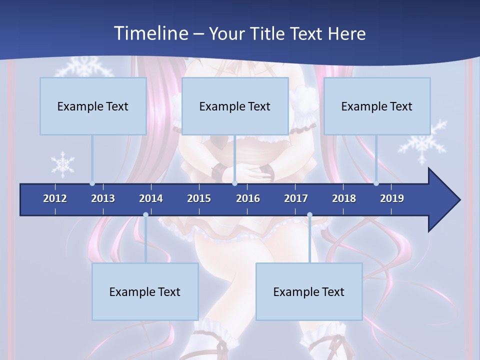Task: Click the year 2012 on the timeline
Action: (55, 198)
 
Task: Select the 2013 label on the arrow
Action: (103, 198)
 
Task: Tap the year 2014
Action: (151, 198)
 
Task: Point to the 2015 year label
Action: (199, 198)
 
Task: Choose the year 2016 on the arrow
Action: (248, 198)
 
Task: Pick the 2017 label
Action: (296, 198)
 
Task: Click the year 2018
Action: (344, 198)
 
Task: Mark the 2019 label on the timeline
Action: (392, 198)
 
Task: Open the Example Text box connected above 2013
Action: (93, 106)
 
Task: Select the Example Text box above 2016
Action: (235, 106)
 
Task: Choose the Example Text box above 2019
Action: (377, 106)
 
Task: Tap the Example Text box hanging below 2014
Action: (145, 291)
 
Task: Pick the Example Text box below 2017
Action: (309, 291)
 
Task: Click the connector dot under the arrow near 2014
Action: (145, 215)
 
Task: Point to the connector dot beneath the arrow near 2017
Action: (309, 215)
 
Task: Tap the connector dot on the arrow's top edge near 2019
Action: (376, 183)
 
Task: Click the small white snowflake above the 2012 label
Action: (63, 164)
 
